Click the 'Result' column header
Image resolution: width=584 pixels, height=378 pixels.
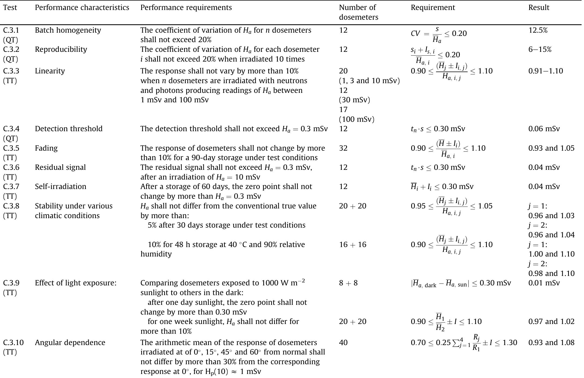point(539,8)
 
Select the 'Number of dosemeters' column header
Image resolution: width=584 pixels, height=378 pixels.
point(358,12)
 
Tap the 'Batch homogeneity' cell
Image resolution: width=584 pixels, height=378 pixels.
point(68,30)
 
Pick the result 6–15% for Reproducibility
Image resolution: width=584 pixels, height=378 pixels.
point(540,49)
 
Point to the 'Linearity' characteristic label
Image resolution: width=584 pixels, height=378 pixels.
point(50,71)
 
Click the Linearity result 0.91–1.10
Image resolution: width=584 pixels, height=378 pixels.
point(545,71)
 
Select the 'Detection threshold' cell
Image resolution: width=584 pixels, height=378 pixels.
point(69,129)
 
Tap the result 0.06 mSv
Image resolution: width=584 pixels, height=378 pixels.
point(544,129)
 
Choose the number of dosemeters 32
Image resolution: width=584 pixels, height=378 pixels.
point(343,148)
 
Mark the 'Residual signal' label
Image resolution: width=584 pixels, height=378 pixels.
point(60,167)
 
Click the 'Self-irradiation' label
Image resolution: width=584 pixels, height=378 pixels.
point(60,187)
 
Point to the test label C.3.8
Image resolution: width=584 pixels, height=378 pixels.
point(11,206)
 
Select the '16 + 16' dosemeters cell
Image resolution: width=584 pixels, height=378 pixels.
point(353,245)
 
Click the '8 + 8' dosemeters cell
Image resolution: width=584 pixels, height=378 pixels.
point(348,283)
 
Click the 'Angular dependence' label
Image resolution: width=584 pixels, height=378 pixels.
point(70,343)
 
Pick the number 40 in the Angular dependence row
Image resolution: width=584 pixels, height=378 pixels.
point(343,343)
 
